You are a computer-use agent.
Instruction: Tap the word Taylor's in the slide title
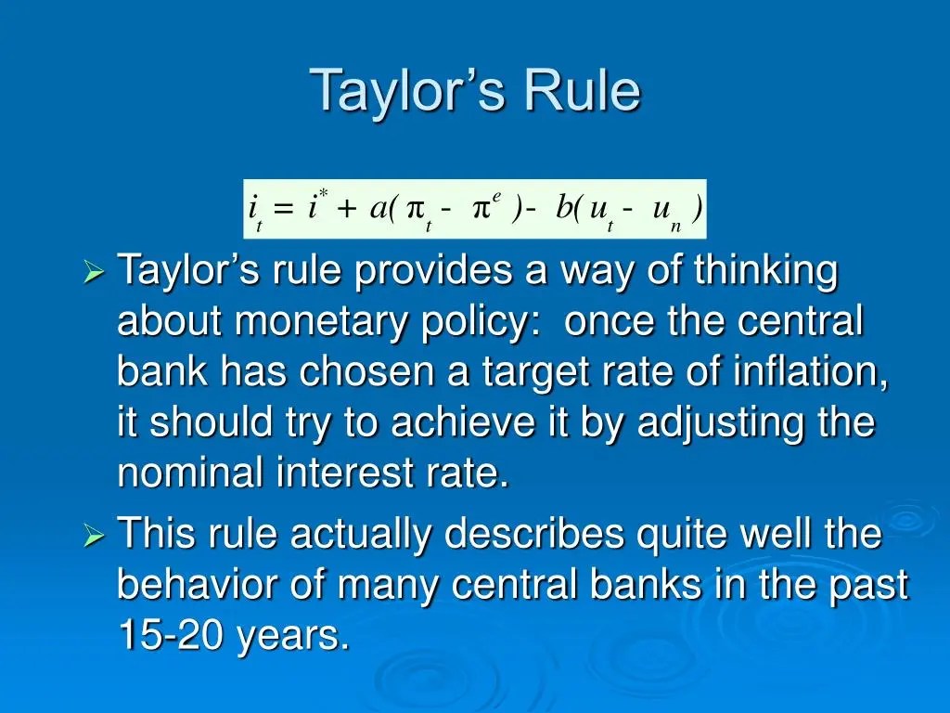(x=409, y=91)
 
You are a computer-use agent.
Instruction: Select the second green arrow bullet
(x=94, y=535)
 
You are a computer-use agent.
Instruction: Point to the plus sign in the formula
(x=347, y=209)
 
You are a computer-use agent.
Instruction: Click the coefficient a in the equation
(x=379, y=209)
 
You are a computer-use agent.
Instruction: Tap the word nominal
(x=191, y=472)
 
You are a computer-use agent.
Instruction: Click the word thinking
(x=765, y=271)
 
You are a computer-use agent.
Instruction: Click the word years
(x=294, y=637)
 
